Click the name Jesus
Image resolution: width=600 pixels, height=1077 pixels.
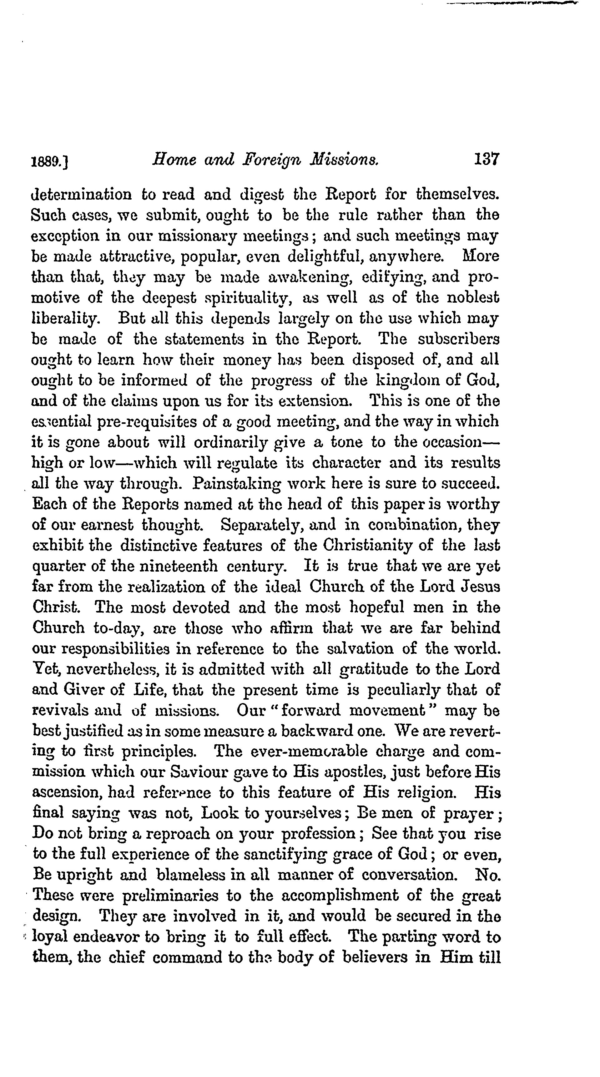point(481,587)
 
